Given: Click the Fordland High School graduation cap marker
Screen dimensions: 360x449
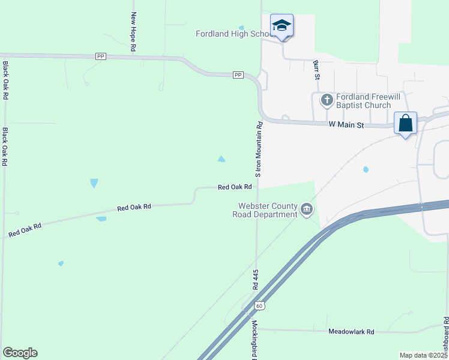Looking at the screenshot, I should (x=282, y=26).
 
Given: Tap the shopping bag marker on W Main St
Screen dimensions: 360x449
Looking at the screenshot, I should (x=406, y=123).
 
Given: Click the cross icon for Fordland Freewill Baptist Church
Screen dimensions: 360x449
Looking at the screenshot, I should (x=327, y=100).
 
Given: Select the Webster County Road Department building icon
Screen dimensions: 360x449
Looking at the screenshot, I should (x=307, y=209).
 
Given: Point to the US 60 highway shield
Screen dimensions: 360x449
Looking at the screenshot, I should (x=259, y=305).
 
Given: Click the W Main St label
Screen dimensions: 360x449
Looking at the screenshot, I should (x=346, y=125).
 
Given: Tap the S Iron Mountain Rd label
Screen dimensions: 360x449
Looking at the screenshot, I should (x=259, y=149).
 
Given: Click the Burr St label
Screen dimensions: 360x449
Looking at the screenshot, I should (x=316, y=70).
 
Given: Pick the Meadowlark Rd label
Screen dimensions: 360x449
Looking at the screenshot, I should (x=351, y=331).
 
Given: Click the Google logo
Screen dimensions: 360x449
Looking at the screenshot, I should (x=20, y=353).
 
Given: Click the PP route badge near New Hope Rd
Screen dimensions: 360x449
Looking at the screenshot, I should (x=101, y=56).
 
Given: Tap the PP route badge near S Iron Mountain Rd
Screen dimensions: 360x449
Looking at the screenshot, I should (x=238, y=75).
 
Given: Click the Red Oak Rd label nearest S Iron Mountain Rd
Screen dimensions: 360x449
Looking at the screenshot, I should (x=234, y=187).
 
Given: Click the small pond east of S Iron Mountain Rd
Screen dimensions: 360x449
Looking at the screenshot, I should (x=366, y=169).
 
